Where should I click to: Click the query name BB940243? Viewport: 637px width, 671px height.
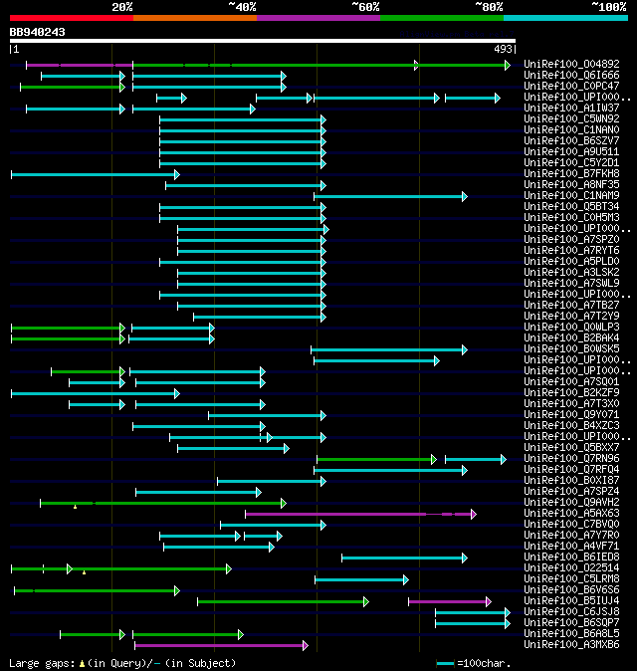click(x=38, y=32)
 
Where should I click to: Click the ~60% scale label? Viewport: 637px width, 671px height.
click(x=365, y=7)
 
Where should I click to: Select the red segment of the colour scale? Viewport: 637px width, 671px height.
click(x=71, y=18)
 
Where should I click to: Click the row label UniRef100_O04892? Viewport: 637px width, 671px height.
click(x=571, y=65)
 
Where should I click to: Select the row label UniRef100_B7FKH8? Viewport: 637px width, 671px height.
click(x=571, y=174)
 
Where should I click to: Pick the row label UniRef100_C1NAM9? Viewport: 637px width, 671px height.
click(x=571, y=196)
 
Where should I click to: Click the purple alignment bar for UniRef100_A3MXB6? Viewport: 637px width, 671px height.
click(x=220, y=645)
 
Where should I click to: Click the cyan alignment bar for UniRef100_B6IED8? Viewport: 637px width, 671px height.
click(x=403, y=558)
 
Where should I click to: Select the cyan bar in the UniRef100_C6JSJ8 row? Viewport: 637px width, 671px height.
click(x=471, y=612)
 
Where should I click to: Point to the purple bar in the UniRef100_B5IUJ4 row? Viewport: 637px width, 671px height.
click(x=448, y=601)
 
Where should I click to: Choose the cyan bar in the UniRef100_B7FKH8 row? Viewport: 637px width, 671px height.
click(x=95, y=174)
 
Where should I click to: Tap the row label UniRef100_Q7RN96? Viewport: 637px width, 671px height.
click(x=571, y=459)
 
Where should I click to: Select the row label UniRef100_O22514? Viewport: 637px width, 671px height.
click(x=571, y=568)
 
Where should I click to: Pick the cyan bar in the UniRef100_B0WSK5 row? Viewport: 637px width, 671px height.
click(x=388, y=349)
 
